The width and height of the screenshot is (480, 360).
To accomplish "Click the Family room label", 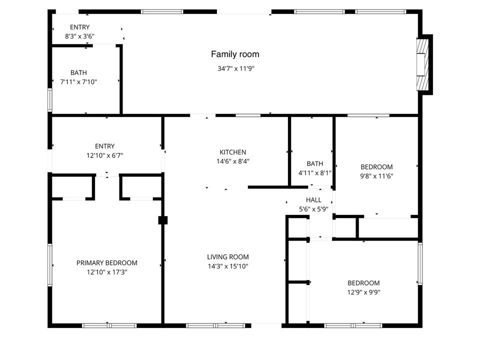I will (235, 54).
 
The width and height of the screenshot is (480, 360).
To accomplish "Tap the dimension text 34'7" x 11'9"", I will (236, 69).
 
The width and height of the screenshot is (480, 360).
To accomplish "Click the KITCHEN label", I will (233, 152).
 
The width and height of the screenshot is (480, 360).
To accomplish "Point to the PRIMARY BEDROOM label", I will (106, 263).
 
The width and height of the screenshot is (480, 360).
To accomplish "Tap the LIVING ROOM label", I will (227, 257).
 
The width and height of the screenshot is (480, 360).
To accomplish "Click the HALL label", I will (313, 200).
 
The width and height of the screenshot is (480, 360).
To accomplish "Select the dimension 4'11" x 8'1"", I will (315, 172).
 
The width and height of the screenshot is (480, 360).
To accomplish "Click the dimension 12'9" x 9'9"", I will (363, 292).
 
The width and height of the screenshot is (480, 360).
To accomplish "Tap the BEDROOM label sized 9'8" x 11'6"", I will (376, 167).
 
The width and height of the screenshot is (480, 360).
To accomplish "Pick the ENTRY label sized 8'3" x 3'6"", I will (80, 27).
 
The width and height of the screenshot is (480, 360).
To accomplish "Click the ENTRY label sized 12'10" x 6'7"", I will (104, 146).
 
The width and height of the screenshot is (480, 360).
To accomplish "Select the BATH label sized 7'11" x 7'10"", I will (78, 73).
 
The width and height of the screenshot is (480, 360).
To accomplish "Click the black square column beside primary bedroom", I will (162, 220).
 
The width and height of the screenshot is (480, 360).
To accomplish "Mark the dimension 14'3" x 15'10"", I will (227, 266).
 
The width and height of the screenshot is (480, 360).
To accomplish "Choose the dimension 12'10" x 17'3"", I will (106, 272).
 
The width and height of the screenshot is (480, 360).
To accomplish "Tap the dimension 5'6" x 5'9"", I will (313, 209).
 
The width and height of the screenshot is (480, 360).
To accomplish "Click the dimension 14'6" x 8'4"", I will (233, 161).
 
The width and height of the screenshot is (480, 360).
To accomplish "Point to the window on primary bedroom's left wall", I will (50, 264).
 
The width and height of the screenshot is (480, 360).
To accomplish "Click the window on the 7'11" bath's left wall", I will (50, 99).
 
